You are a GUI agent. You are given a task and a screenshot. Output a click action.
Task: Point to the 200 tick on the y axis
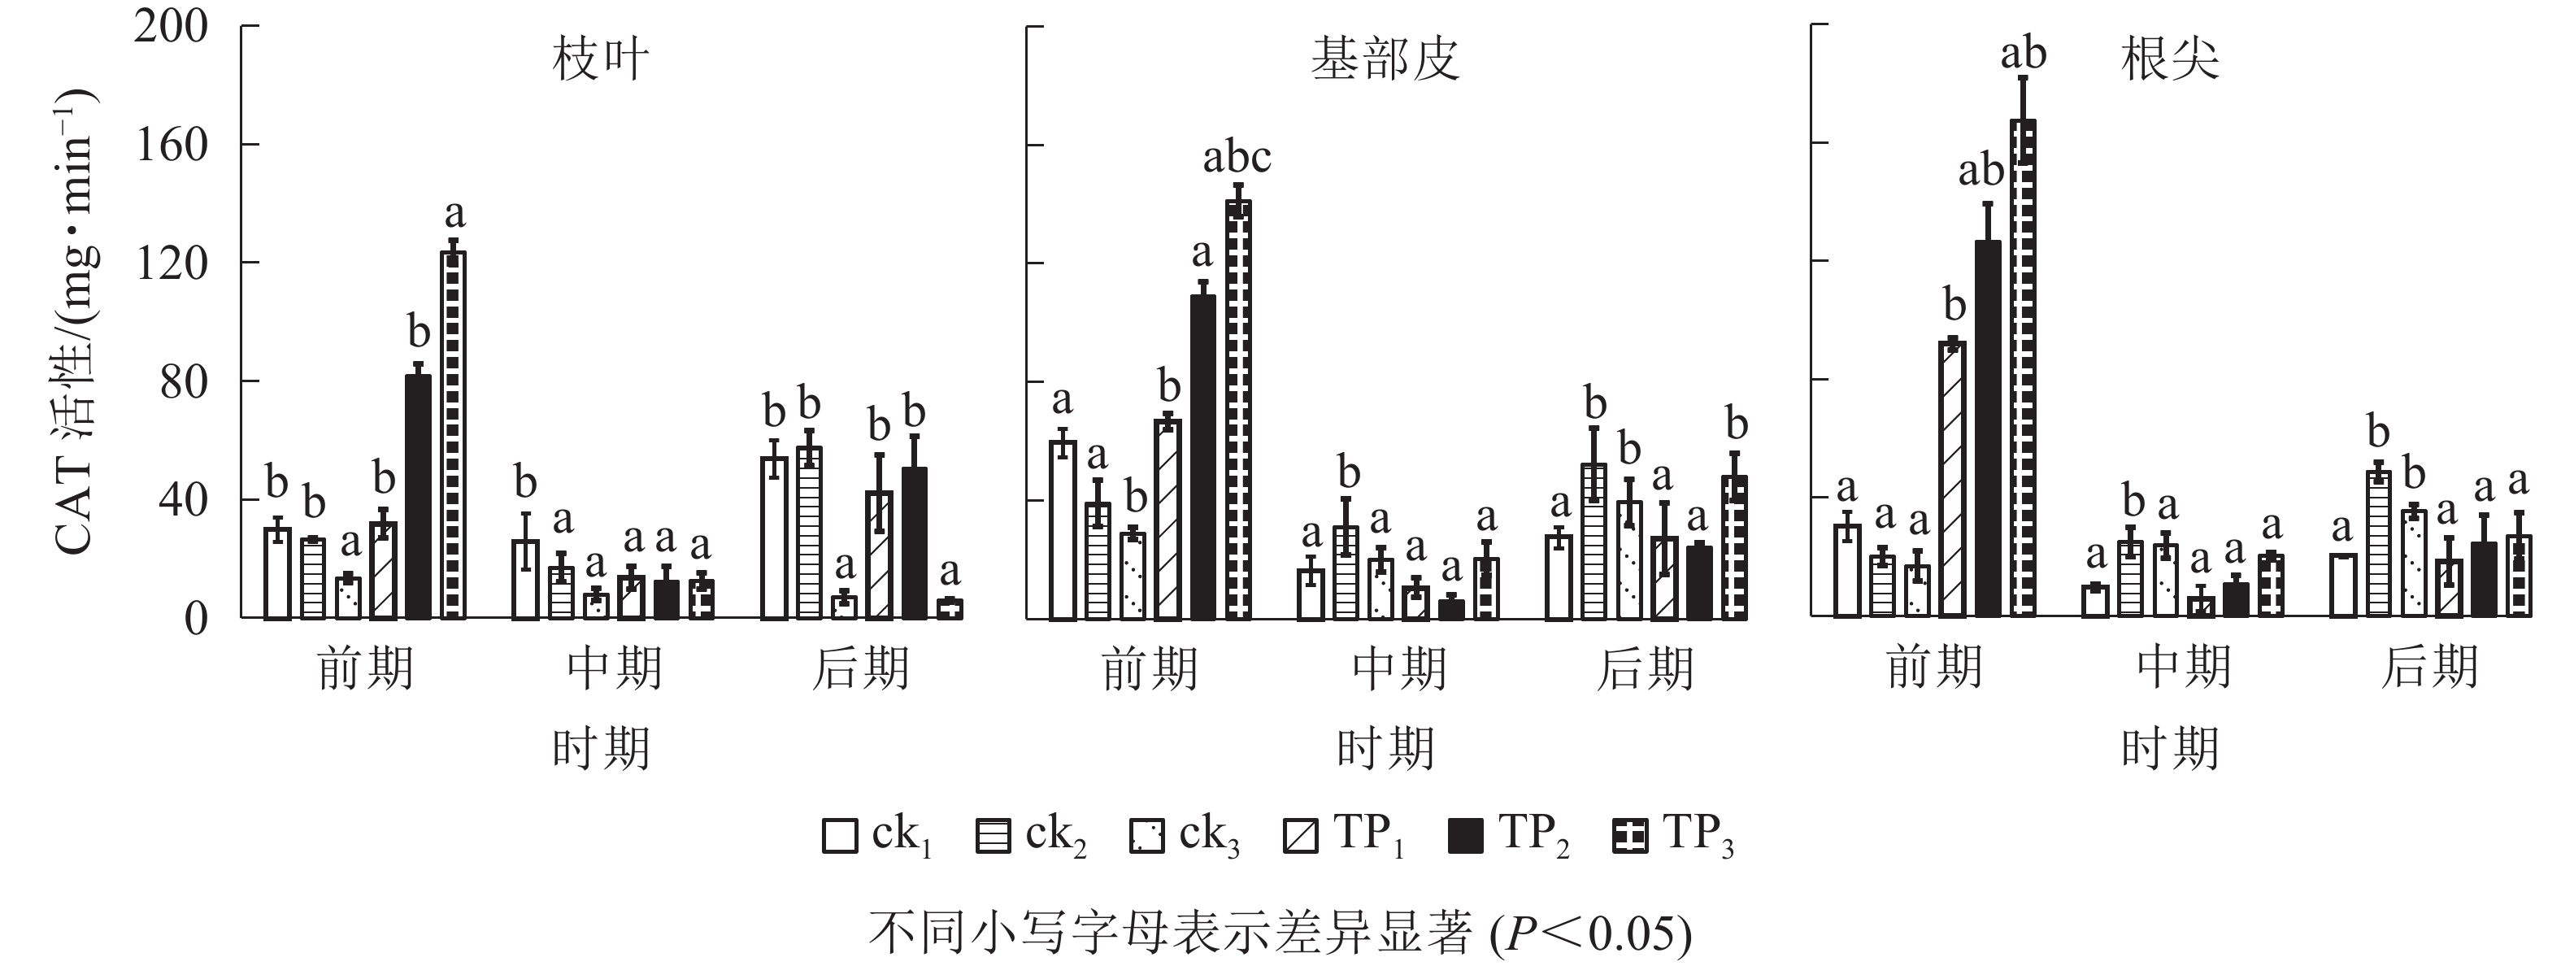click(172, 26)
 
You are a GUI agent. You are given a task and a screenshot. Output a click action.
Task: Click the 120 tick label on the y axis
click(172, 263)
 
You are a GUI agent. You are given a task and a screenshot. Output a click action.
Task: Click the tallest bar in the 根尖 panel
click(2023, 368)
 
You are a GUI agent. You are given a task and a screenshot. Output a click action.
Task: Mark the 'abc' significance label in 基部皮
click(1237, 157)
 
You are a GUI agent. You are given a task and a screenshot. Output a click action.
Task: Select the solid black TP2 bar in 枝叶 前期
click(419, 497)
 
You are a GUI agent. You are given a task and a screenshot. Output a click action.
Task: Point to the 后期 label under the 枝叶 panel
click(861, 668)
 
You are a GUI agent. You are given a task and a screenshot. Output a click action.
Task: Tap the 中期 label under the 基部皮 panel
click(1399, 668)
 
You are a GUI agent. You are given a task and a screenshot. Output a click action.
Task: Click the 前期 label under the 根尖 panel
click(1935, 668)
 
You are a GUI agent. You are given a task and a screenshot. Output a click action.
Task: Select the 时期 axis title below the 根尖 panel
click(2170, 747)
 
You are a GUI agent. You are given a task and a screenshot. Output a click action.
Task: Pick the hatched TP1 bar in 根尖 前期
click(1953, 479)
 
